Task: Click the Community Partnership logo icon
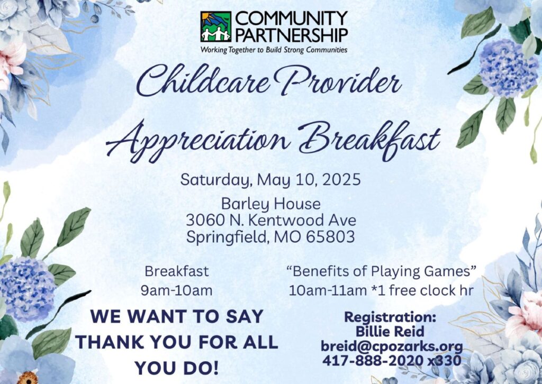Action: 216,26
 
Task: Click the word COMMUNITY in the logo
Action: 291,19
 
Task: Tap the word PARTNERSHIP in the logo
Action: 291,35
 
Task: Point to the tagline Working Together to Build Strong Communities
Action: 274,50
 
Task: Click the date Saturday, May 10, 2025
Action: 270,180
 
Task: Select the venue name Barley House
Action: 270,204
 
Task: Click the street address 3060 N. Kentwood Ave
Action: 271,220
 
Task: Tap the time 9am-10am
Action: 177,290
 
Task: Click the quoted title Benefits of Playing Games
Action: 381,271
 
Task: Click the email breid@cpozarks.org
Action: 392,346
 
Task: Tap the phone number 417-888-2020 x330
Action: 392,361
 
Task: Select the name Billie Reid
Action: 390,332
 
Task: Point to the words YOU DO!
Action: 177,368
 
